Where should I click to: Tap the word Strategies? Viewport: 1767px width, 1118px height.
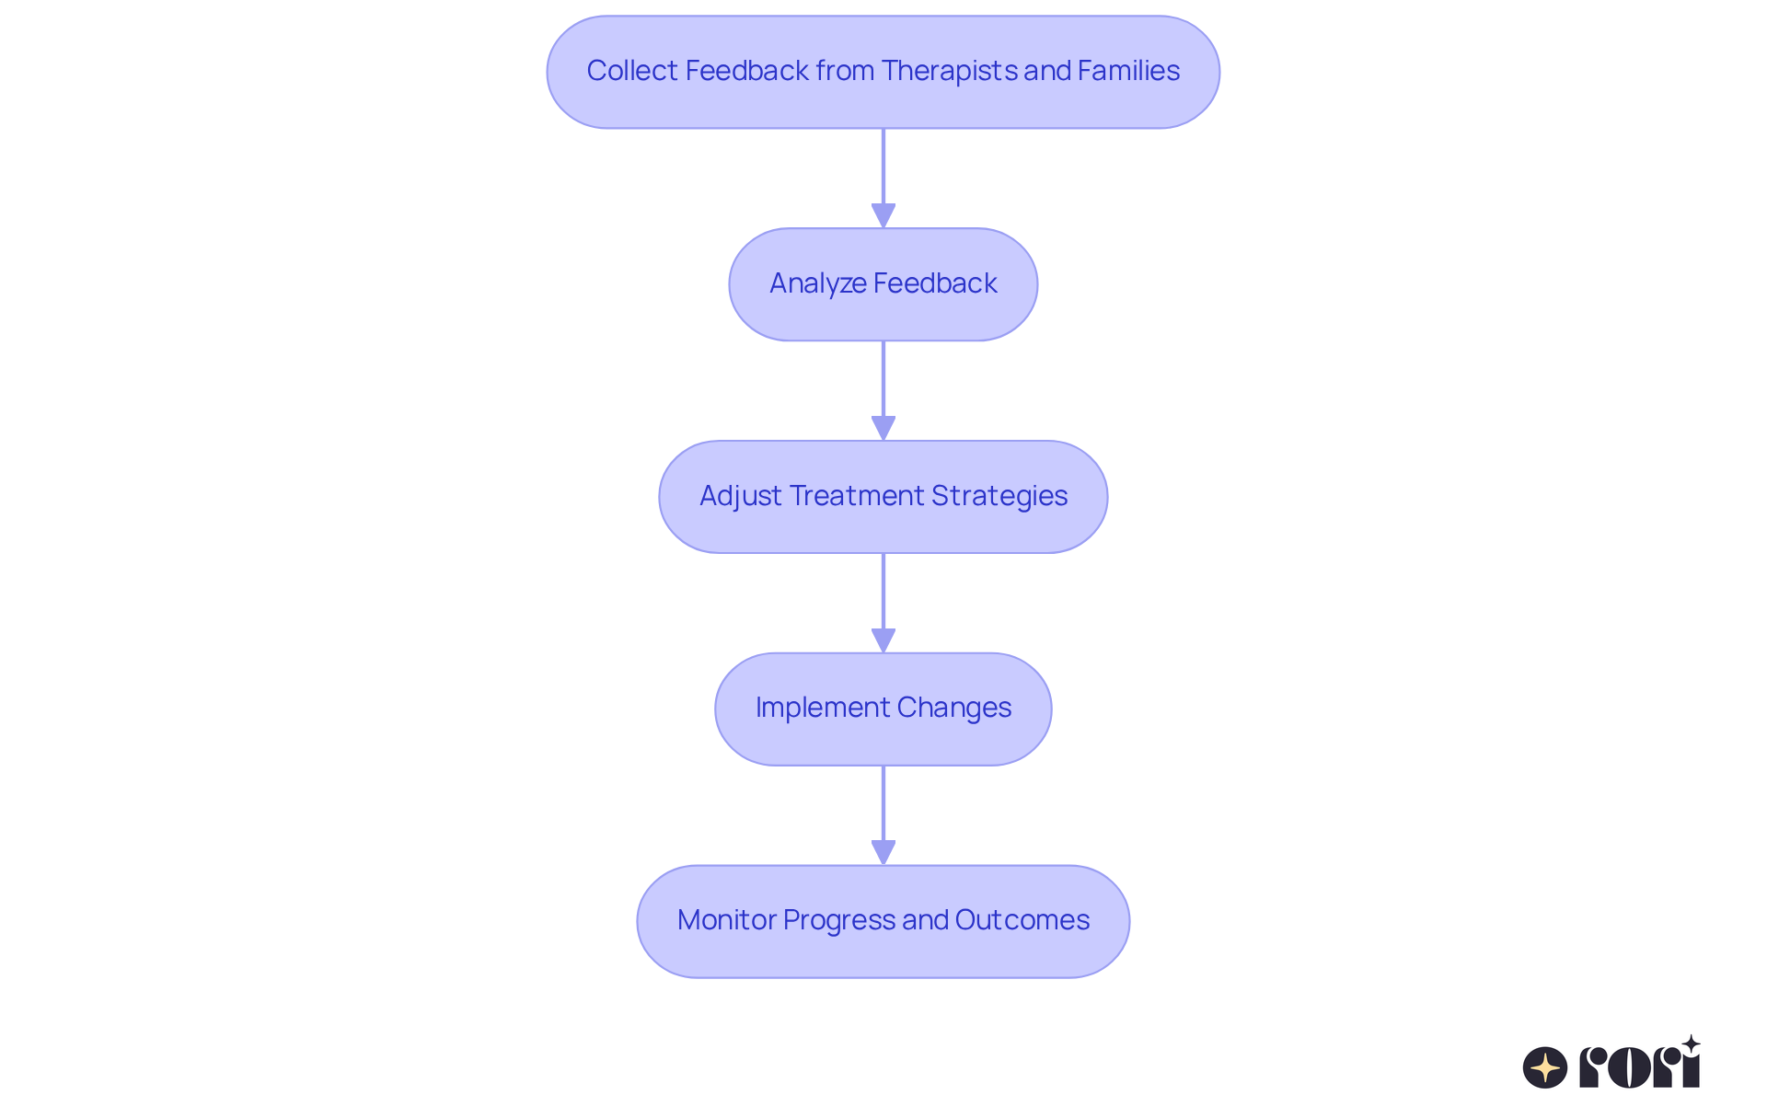pos(999,496)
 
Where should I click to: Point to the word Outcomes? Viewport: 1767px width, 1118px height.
pos(1022,920)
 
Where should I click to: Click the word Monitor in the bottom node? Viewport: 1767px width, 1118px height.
pos(726,920)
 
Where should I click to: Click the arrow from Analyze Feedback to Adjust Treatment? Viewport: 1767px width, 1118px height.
pos(883,390)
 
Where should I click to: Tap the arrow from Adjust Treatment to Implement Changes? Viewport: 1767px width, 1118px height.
pos(883,603)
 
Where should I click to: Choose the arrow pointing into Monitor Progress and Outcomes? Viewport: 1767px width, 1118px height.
pos(883,815)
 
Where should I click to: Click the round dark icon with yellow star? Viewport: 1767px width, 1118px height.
pos(1545,1067)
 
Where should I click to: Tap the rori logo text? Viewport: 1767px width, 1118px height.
pos(1639,1067)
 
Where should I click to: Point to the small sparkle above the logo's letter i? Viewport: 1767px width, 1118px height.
pos(1691,1043)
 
